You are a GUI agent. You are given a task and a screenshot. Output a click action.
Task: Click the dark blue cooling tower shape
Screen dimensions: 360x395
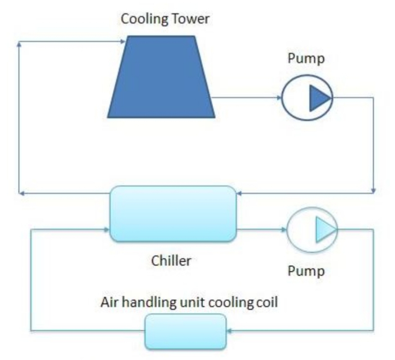click(161, 78)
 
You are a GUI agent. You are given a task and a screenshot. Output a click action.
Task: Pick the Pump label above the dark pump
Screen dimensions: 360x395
click(306, 58)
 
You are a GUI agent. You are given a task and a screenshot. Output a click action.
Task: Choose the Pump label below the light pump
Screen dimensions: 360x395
click(306, 271)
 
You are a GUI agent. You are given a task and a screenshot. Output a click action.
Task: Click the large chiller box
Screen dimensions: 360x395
click(173, 214)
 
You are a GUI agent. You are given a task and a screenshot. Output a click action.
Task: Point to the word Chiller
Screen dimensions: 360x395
click(171, 261)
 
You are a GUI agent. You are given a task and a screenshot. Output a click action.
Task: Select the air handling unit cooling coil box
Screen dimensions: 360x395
click(186, 332)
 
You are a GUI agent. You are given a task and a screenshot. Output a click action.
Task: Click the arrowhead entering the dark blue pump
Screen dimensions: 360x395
click(279, 98)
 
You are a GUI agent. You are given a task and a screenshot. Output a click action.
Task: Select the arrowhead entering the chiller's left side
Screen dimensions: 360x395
click(106, 229)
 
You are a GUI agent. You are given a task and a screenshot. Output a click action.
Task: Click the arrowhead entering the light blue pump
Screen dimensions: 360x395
click(284, 229)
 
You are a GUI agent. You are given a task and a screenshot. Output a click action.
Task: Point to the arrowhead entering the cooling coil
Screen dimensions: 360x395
click(229, 331)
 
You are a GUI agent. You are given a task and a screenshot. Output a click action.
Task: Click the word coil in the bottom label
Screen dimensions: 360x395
click(267, 302)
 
